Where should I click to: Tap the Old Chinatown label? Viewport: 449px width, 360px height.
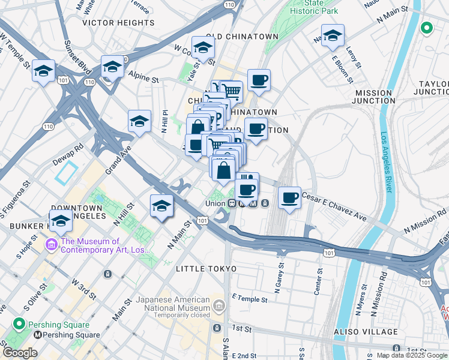[243, 37]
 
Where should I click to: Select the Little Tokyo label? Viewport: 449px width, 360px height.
[206, 269]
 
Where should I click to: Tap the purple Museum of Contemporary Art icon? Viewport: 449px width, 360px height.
[50, 245]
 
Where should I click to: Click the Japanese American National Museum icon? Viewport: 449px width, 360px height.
[218, 307]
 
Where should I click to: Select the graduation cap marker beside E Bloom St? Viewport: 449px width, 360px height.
[333, 37]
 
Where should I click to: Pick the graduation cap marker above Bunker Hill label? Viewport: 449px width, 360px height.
[61, 222]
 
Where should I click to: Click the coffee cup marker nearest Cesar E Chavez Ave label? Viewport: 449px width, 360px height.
[289, 198]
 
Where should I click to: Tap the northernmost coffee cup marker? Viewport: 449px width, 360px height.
[259, 80]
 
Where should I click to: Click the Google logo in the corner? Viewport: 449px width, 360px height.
[20, 353]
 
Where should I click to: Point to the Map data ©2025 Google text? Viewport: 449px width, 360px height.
[412, 355]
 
